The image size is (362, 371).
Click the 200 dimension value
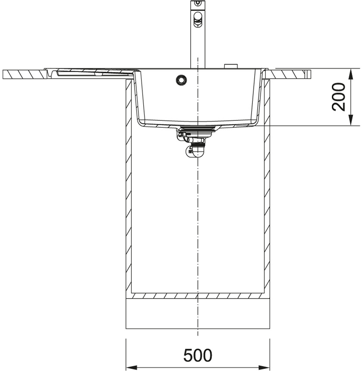tap(339, 97)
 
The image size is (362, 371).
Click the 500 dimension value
tap(198, 355)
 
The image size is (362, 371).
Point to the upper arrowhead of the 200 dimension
tap(351, 74)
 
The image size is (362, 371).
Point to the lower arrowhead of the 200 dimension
tap(351, 120)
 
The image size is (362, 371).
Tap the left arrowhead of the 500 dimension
tap(131, 368)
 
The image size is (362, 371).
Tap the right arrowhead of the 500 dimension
tap(264, 368)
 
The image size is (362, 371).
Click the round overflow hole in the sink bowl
tap(182, 79)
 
